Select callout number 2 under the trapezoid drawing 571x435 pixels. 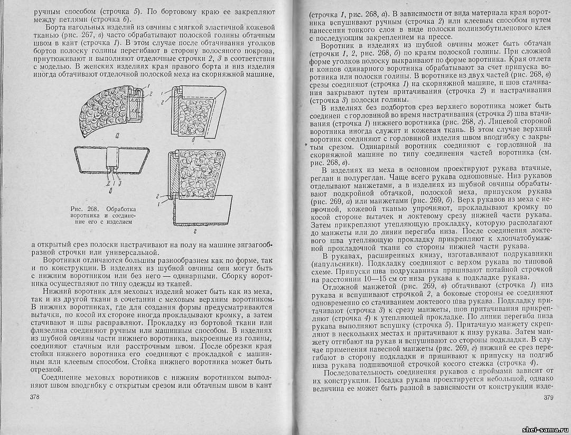pos(107,183)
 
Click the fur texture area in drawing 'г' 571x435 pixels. pos(196,174)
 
